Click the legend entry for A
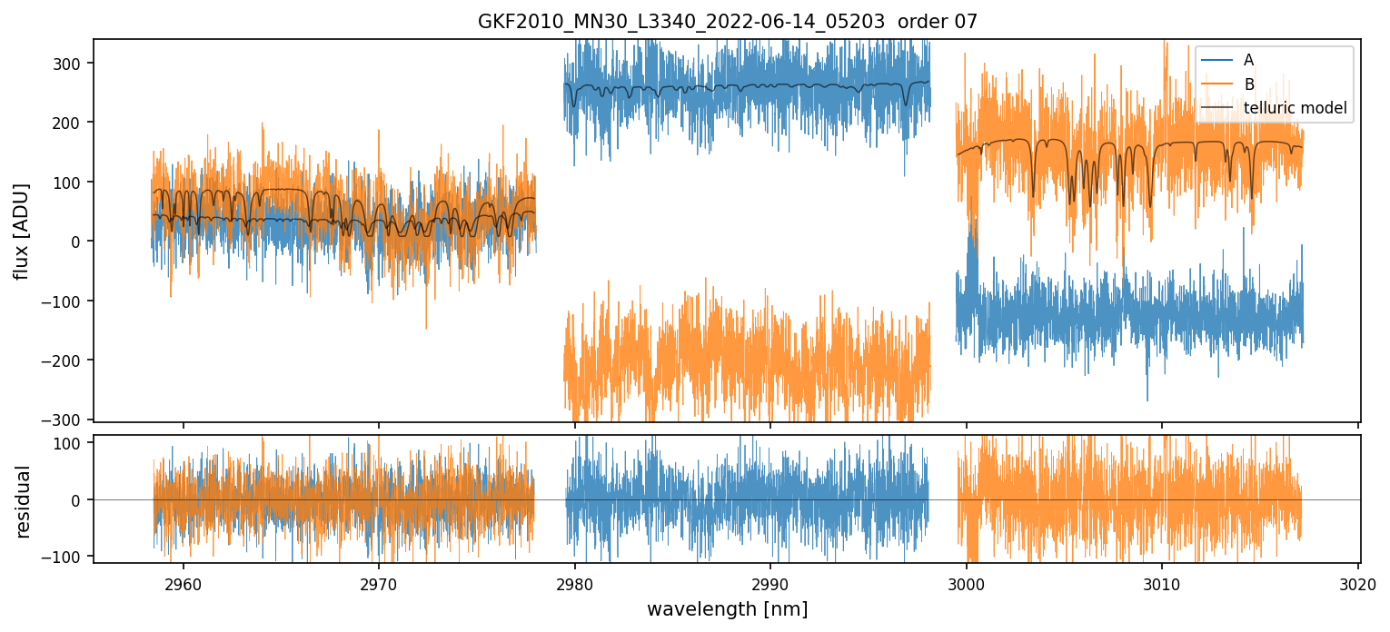point(1248,60)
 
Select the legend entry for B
point(1248,84)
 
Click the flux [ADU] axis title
point(22,231)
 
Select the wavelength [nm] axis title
point(727,609)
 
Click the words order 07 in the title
point(938,22)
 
